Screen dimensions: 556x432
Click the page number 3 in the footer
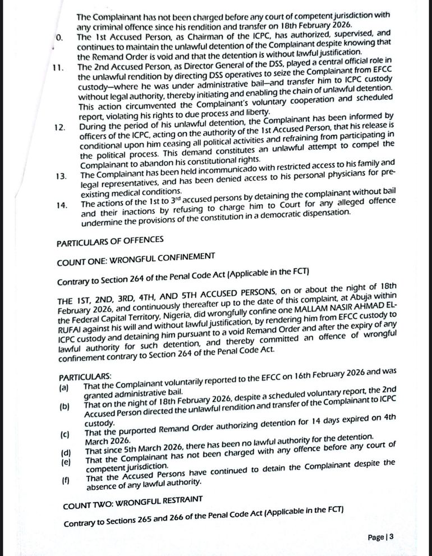point(391,537)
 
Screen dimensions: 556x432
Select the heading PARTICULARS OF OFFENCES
point(110,240)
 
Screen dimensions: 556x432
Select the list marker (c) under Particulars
point(65,434)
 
